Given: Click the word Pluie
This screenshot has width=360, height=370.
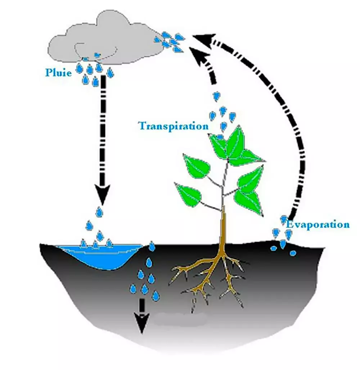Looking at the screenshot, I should click(59, 72).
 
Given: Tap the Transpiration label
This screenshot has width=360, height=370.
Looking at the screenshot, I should click(173, 126).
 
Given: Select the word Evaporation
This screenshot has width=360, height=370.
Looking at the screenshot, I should click(318, 225).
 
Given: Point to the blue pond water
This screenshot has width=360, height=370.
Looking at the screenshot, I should click(101, 255).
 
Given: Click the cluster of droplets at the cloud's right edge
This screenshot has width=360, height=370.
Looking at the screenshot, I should click(171, 41).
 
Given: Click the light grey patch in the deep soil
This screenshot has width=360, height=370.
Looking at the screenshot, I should click(180, 318).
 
